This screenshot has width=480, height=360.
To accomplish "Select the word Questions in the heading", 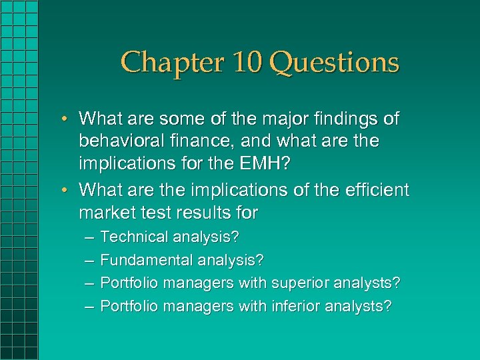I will pos(335,63).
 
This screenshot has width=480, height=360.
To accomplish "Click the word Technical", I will pos(134,237).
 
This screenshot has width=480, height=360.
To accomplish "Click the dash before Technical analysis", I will pos(89,237).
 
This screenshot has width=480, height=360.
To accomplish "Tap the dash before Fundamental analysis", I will pos(89,260).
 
